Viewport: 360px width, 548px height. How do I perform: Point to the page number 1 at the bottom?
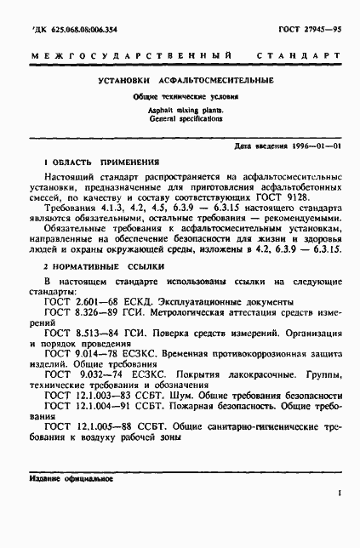[x=339, y=493]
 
